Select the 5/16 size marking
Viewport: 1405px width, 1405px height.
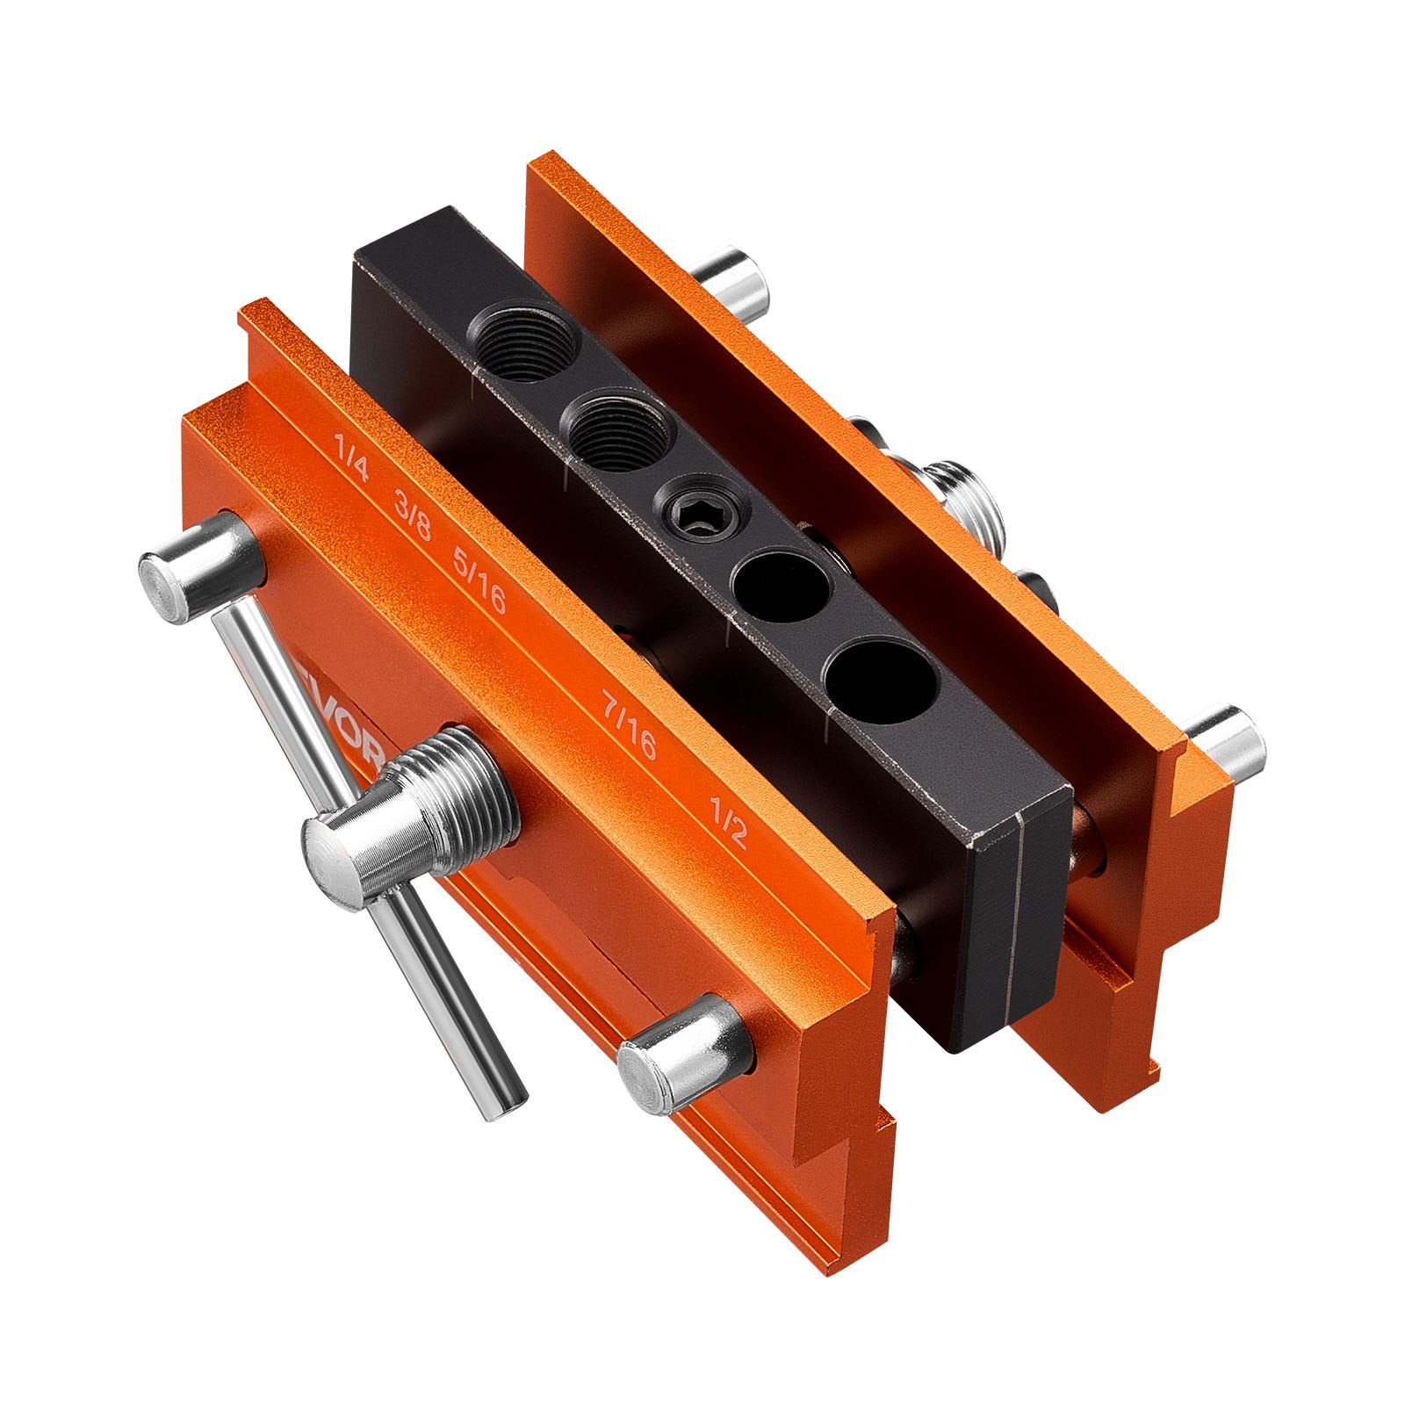tap(479, 578)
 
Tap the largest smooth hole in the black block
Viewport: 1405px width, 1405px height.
tap(881, 681)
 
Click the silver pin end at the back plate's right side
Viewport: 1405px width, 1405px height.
tap(1227, 744)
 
